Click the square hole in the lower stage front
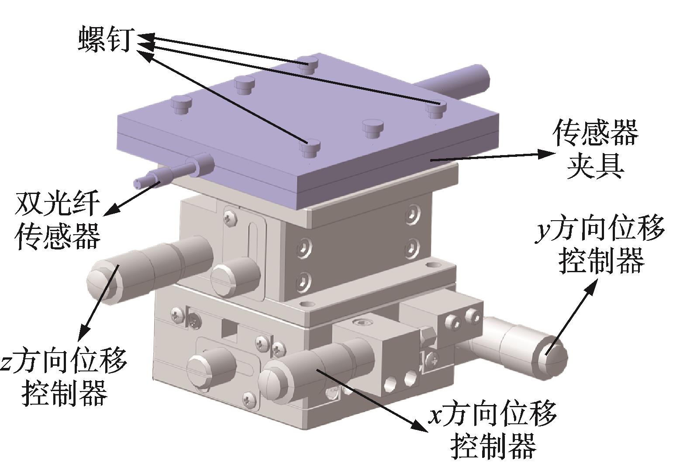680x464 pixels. [x=230, y=328]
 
